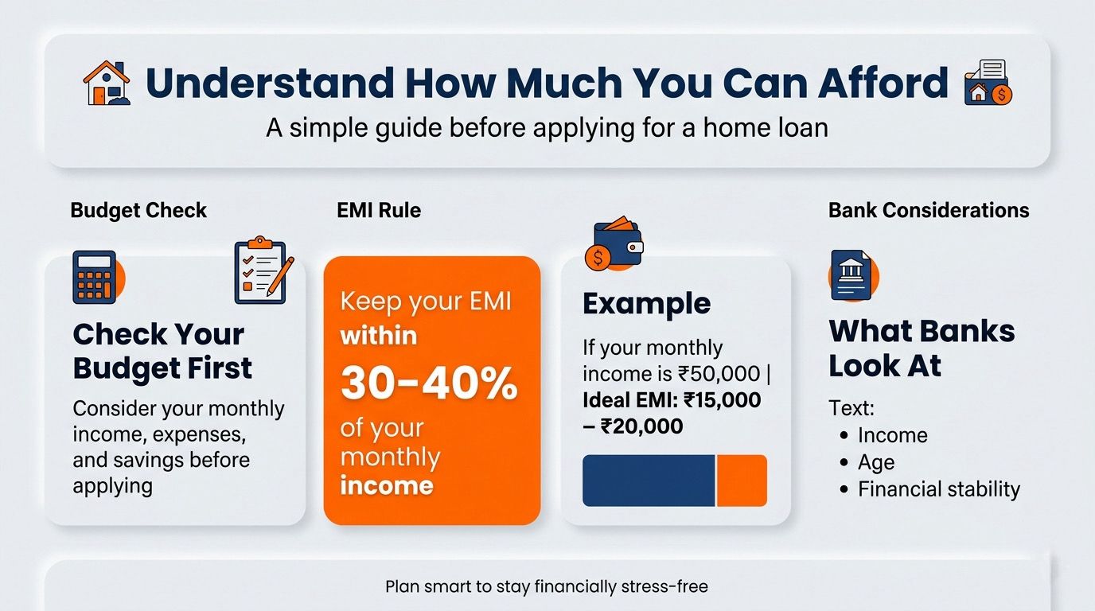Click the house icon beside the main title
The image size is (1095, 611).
point(107,83)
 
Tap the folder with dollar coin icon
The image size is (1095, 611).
point(988,82)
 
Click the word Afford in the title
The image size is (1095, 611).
point(883,82)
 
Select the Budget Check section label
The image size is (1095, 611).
point(138,211)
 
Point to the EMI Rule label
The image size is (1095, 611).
point(379,211)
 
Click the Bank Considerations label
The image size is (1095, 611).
point(929,211)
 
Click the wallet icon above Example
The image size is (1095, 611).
point(614,243)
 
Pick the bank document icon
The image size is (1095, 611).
point(854,275)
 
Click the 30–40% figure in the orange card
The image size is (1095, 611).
point(429,383)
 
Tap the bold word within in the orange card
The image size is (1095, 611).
point(379,337)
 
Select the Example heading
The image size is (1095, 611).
point(647,304)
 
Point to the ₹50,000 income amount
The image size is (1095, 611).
point(719,374)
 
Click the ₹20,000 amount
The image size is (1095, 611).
point(641,426)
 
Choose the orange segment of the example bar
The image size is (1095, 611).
point(742,481)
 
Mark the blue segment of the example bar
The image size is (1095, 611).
point(649,481)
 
